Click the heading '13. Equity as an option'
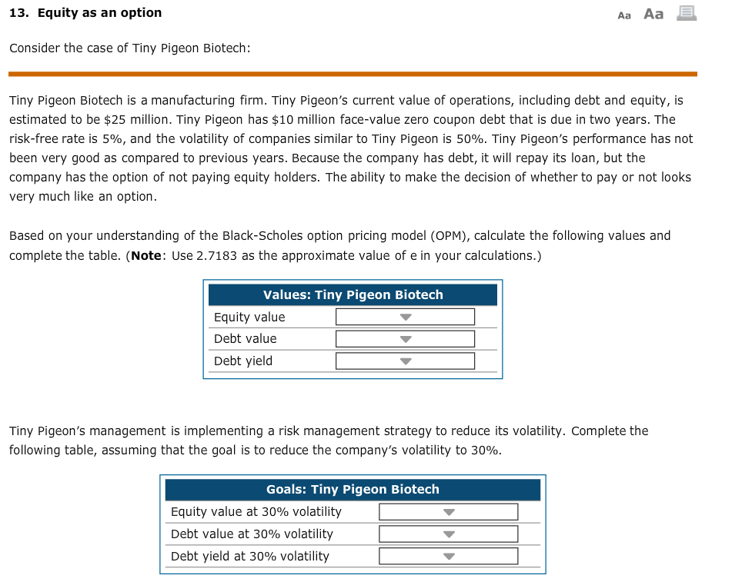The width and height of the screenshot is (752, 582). [x=85, y=13]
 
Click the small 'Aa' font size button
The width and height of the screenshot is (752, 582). [x=624, y=15]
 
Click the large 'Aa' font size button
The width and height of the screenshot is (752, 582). [x=653, y=14]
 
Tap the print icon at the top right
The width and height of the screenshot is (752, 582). [x=687, y=13]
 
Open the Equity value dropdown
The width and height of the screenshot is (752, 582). [x=405, y=317]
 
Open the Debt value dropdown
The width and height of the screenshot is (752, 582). [x=405, y=339]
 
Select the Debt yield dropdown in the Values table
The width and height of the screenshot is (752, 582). [x=405, y=361]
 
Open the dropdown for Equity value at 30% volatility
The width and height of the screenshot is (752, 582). [x=448, y=512]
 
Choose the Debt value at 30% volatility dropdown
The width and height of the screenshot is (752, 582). [x=448, y=534]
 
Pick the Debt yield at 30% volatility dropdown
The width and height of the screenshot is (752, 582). [x=448, y=557]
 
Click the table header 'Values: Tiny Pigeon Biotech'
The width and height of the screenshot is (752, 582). [x=353, y=295]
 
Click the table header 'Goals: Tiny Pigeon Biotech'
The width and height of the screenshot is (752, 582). [x=353, y=490]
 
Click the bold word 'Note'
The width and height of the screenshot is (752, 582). [x=145, y=255]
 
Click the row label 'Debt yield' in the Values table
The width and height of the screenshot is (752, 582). [x=242, y=361]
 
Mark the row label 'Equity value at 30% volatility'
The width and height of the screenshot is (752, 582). [x=256, y=512]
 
